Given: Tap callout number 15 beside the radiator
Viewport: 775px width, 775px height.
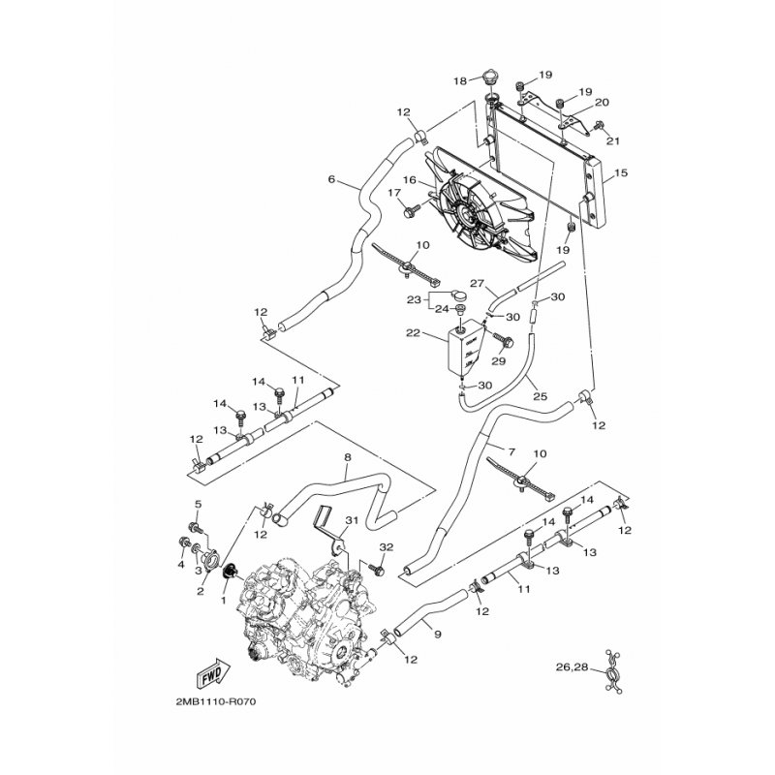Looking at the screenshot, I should (621, 173).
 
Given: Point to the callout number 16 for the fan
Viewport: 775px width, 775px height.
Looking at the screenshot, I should (409, 180).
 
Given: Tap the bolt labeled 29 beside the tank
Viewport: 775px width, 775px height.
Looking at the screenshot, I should (504, 340).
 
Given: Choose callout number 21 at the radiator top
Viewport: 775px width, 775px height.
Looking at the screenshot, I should (611, 141).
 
